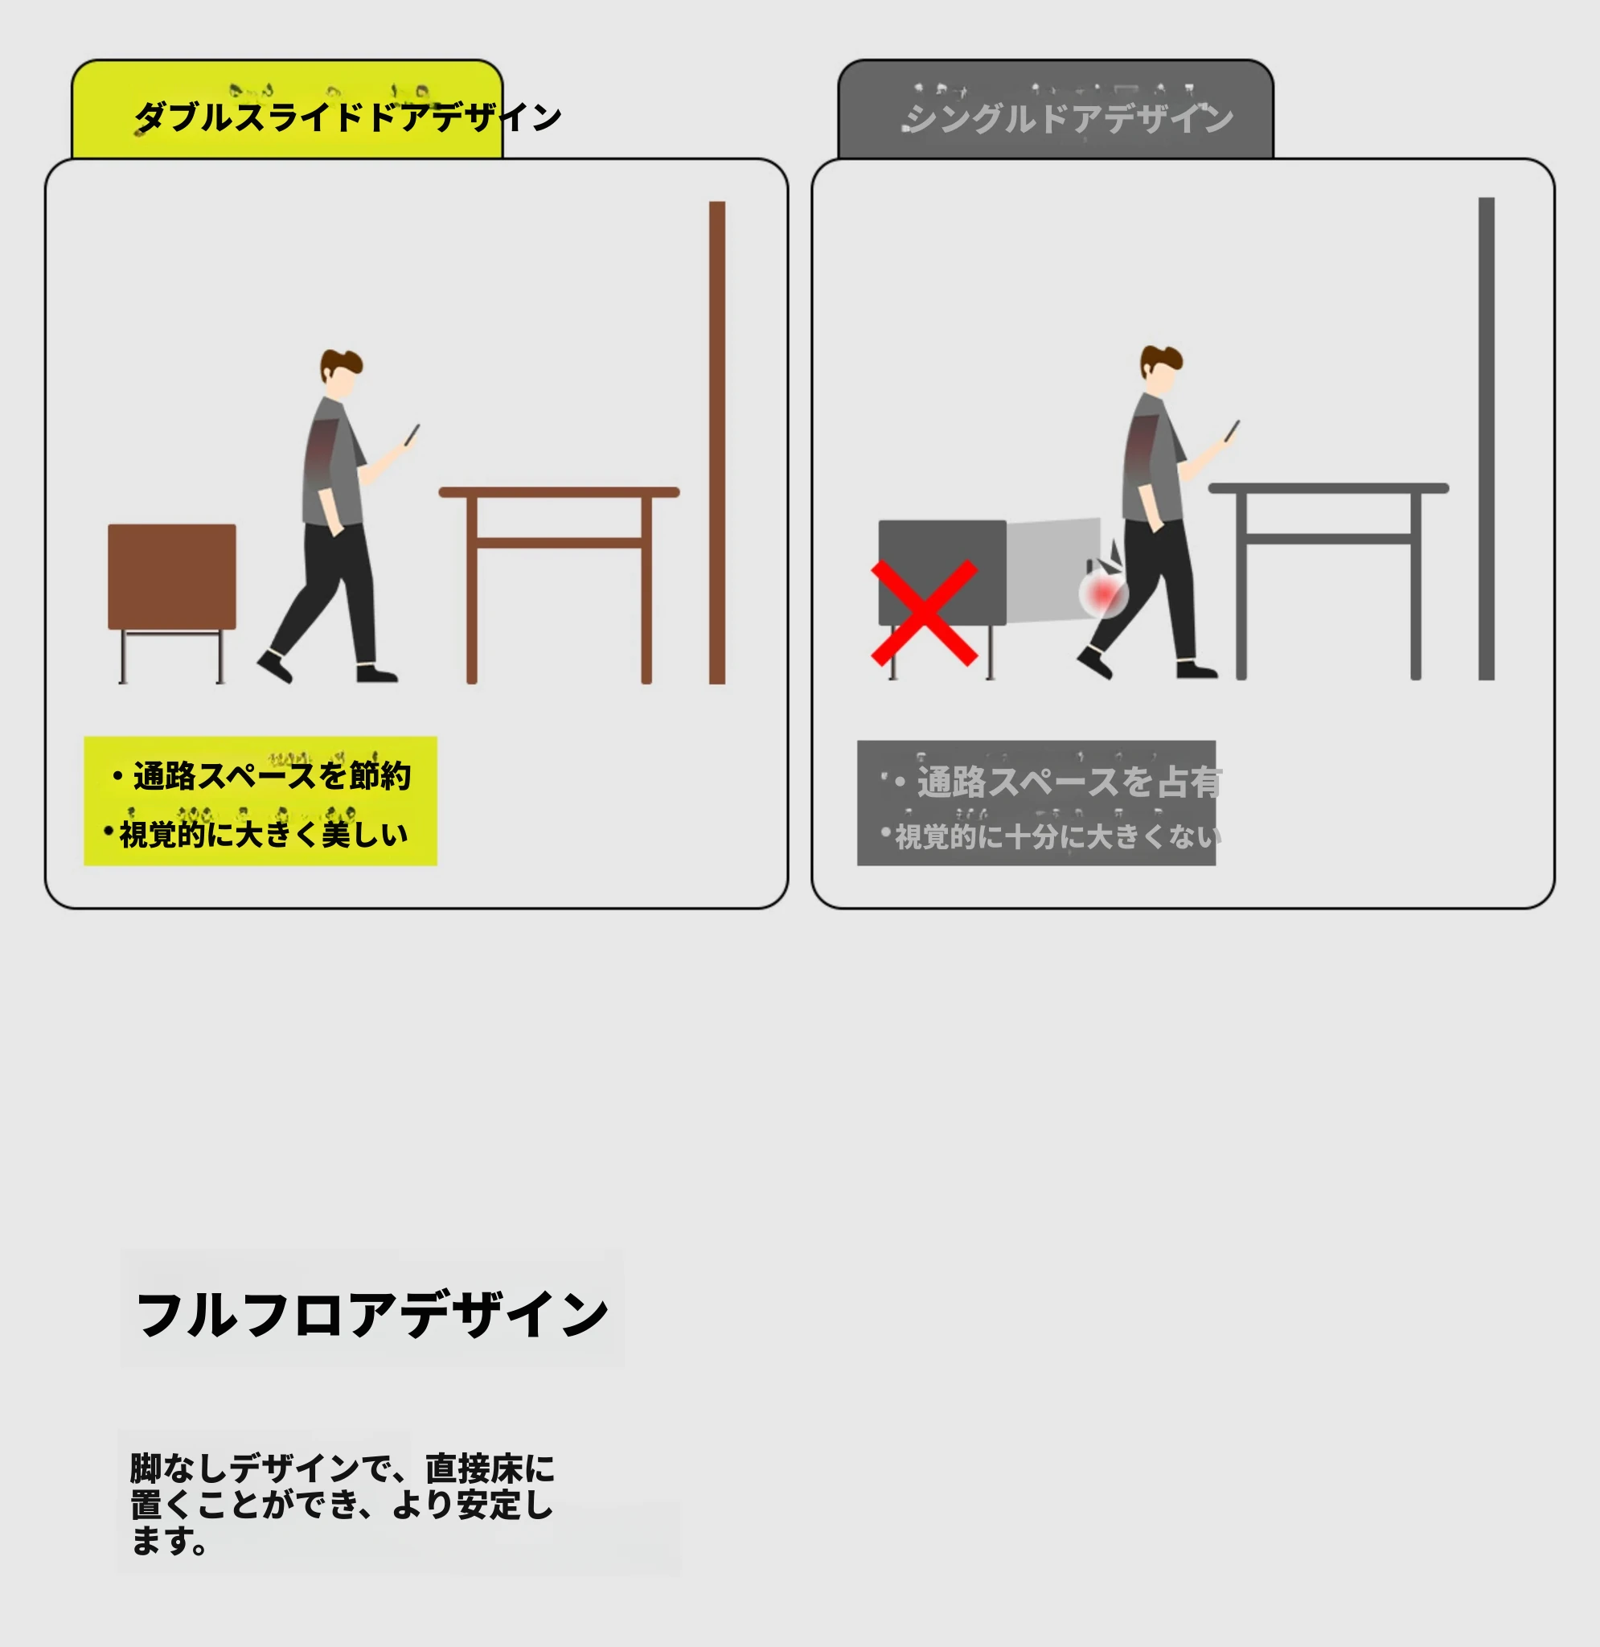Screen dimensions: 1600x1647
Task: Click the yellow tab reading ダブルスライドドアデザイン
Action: tap(286, 109)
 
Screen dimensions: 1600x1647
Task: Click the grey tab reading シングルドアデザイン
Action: tap(1056, 109)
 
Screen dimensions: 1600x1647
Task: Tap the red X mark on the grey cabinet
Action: tap(925, 613)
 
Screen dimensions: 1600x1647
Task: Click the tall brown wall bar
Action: tap(717, 443)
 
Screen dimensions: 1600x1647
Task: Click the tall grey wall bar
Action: tap(1487, 438)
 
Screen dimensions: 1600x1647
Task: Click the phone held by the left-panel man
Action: tap(412, 435)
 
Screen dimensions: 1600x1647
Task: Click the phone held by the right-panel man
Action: tap(1232, 431)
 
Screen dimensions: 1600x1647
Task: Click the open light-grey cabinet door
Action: tap(1054, 572)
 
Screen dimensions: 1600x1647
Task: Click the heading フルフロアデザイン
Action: tap(371, 1314)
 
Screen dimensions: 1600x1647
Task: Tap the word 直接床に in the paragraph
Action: tap(490, 1468)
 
